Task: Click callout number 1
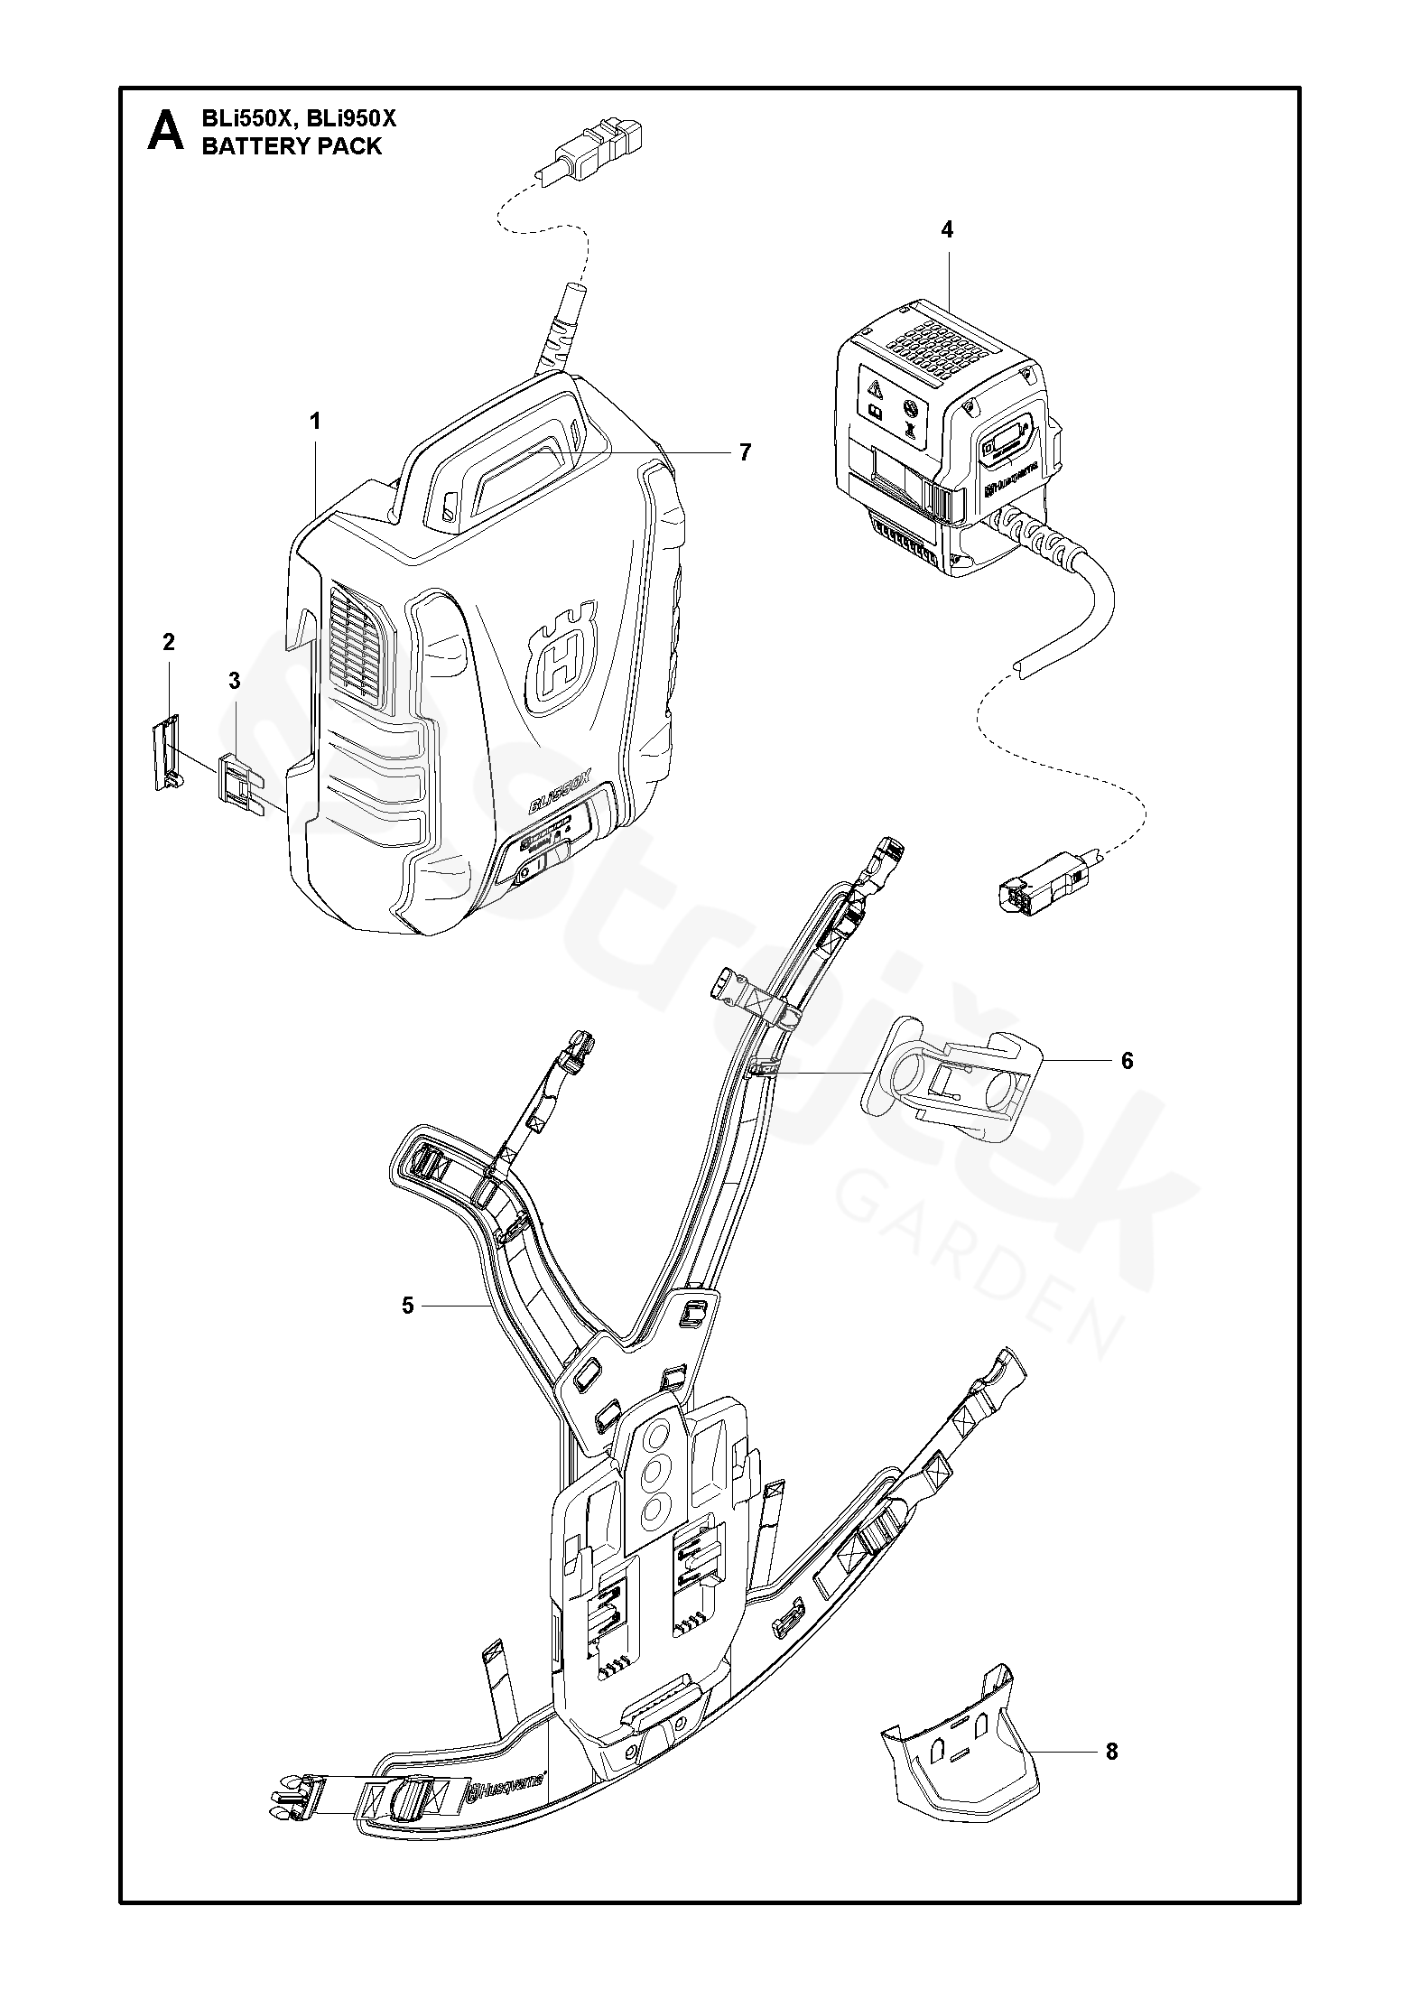pos(315,422)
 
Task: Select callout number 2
pos(169,643)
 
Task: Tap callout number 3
pos(234,682)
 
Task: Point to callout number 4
pos(946,230)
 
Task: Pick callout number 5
pos(408,1305)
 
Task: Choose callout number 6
pos(1127,1060)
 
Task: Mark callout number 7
pos(745,452)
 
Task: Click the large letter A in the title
pos(164,132)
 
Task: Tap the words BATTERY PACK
pos(292,146)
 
